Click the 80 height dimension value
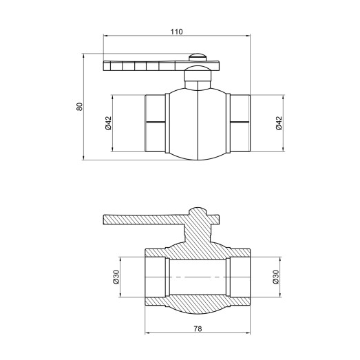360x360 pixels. (x=79, y=107)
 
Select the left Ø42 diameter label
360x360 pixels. (x=109, y=123)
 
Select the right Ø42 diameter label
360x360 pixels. (x=279, y=123)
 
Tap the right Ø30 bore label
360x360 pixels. (x=275, y=277)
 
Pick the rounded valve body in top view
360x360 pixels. (x=198, y=124)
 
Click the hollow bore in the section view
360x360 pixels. (x=198, y=277)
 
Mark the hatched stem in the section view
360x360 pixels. (x=198, y=227)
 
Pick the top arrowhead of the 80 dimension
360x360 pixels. (x=84, y=55)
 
